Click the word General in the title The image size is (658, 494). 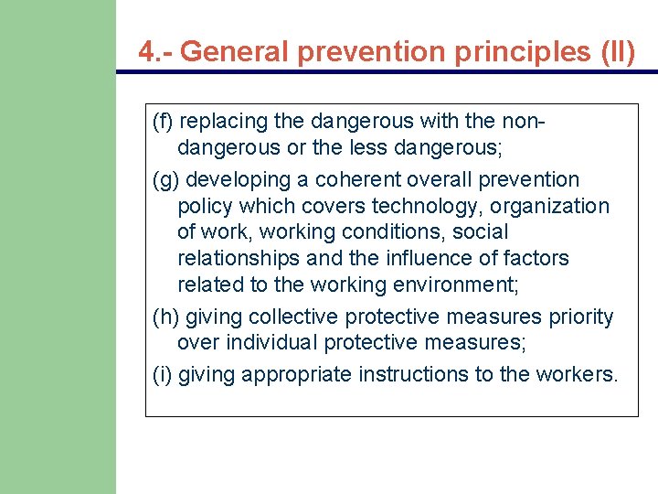[235, 51]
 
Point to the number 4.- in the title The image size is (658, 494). [155, 51]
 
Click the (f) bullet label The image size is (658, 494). [164, 121]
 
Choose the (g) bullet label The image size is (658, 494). [165, 179]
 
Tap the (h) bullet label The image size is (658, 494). [165, 317]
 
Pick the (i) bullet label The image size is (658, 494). [162, 374]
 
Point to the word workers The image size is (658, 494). [581, 374]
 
